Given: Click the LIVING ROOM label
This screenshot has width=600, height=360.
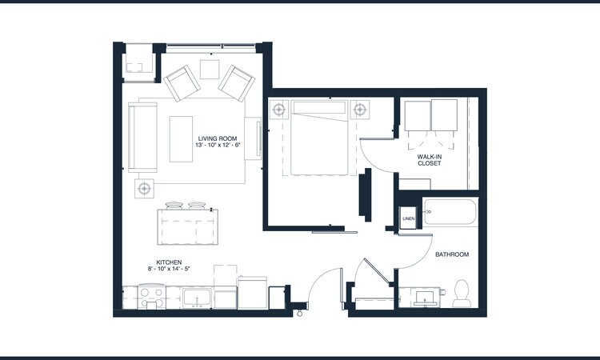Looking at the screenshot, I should coord(219,138).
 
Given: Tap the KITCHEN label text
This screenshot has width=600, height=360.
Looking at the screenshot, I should coord(169,262).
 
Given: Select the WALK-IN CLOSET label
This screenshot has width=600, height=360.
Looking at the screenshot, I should coord(430,159).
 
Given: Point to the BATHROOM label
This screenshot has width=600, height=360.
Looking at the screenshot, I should coord(451,254).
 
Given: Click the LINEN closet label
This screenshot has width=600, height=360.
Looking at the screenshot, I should coord(408,218).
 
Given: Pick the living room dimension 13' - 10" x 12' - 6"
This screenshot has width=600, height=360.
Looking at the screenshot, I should coord(219,145).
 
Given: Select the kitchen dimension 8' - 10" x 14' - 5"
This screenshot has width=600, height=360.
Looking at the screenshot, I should coord(169,270).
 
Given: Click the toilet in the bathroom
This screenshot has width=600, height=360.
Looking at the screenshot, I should coord(461,293).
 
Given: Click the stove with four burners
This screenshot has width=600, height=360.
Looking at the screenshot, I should coord(151,298).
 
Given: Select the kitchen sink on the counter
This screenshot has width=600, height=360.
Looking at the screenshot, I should coord(196,298).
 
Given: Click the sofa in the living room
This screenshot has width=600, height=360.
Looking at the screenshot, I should coord(143,137).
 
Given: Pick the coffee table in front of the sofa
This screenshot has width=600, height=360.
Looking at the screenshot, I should coord(182,139).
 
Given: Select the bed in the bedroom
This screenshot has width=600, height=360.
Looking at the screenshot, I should coord(320,137).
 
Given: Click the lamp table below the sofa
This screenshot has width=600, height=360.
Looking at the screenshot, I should coord(144,189).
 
